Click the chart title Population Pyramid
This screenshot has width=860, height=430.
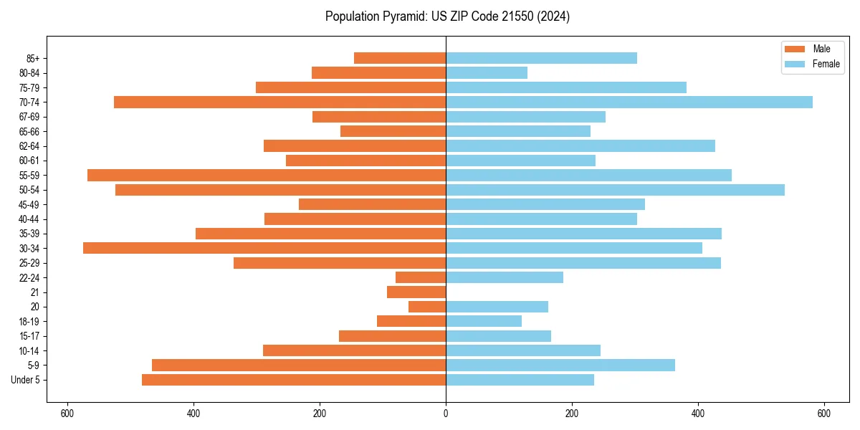click(447, 16)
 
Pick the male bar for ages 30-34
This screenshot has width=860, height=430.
click(264, 248)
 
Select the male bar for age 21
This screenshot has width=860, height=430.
click(416, 292)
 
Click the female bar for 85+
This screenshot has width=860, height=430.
click(541, 58)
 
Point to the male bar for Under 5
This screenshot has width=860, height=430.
click(294, 380)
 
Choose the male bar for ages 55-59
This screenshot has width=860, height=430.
click(267, 176)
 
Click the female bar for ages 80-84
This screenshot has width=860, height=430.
click(487, 73)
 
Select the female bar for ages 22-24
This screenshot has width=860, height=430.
click(505, 277)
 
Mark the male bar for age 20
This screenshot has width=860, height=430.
click(427, 307)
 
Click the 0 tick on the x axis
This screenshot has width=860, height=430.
click(446, 414)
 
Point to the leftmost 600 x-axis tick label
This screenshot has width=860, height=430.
click(67, 414)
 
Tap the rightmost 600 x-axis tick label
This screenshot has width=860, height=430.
click(823, 414)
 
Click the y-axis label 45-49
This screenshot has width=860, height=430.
click(29, 205)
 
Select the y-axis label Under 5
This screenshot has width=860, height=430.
click(26, 380)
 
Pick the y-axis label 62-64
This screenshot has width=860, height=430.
click(29, 146)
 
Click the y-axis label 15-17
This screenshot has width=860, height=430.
click(29, 336)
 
